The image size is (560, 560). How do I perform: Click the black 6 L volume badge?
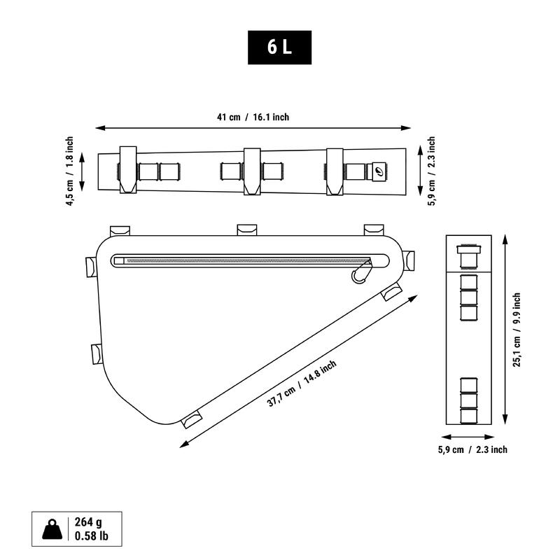click(x=280, y=48)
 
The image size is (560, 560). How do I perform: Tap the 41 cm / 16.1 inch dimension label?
click(x=253, y=118)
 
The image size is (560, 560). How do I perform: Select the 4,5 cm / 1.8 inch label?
click(x=69, y=171)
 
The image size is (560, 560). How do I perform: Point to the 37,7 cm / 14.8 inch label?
click(x=302, y=383)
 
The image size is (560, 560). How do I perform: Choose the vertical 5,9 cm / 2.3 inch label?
click(x=432, y=171)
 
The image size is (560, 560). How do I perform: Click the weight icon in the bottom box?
click(x=52, y=530)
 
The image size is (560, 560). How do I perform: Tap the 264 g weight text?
click(x=89, y=522)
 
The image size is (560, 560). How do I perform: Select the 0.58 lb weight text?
click(x=92, y=538)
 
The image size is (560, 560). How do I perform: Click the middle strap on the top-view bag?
click(x=252, y=170)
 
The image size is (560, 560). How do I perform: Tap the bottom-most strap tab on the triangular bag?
click(x=191, y=419)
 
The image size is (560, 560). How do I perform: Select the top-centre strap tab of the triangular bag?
click(x=247, y=229)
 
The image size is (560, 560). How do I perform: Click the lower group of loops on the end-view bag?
click(x=467, y=400)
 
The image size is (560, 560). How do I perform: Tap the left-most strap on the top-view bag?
click(x=127, y=170)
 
